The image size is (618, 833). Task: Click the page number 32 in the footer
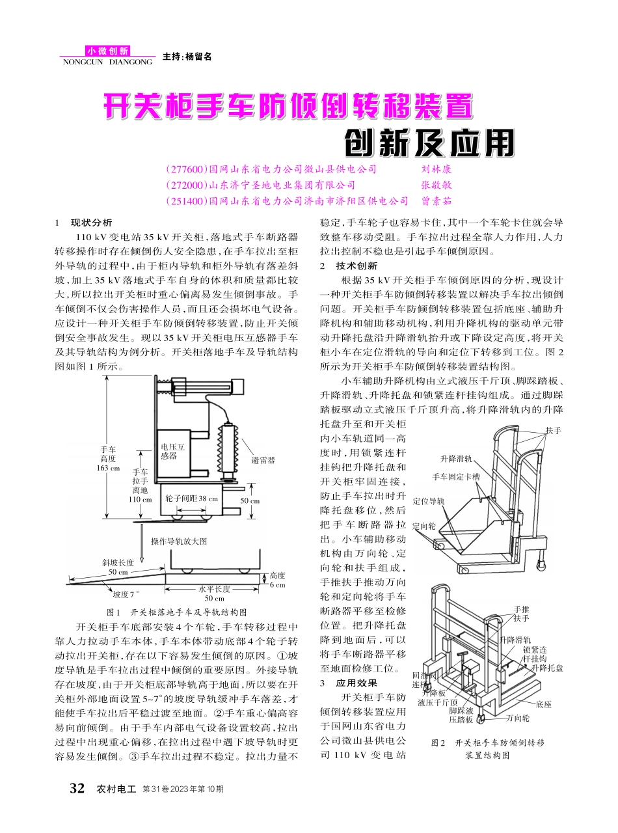click(x=77, y=789)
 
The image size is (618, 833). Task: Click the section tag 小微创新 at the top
click(x=107, y=51)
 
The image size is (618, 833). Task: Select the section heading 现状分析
click(x=91, y=223)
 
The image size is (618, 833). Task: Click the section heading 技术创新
click(x=354, y=266)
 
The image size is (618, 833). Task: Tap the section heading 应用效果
click(x=356, y=683)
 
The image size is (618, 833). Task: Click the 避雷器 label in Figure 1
click(x=263, y=460)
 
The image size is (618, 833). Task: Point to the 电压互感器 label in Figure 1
click(x=173, y=452)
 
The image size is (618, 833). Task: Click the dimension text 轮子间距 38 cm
click(x=191, y=498)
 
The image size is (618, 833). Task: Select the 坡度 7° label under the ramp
click(x=126, y=594)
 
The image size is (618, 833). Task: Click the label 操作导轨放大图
click(x=179, y=541)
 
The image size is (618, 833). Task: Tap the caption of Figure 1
click(x=176, y=612)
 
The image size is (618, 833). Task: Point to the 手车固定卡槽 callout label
click(x=456, y=476)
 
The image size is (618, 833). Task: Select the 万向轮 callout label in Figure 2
click(x=518, y=718)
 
